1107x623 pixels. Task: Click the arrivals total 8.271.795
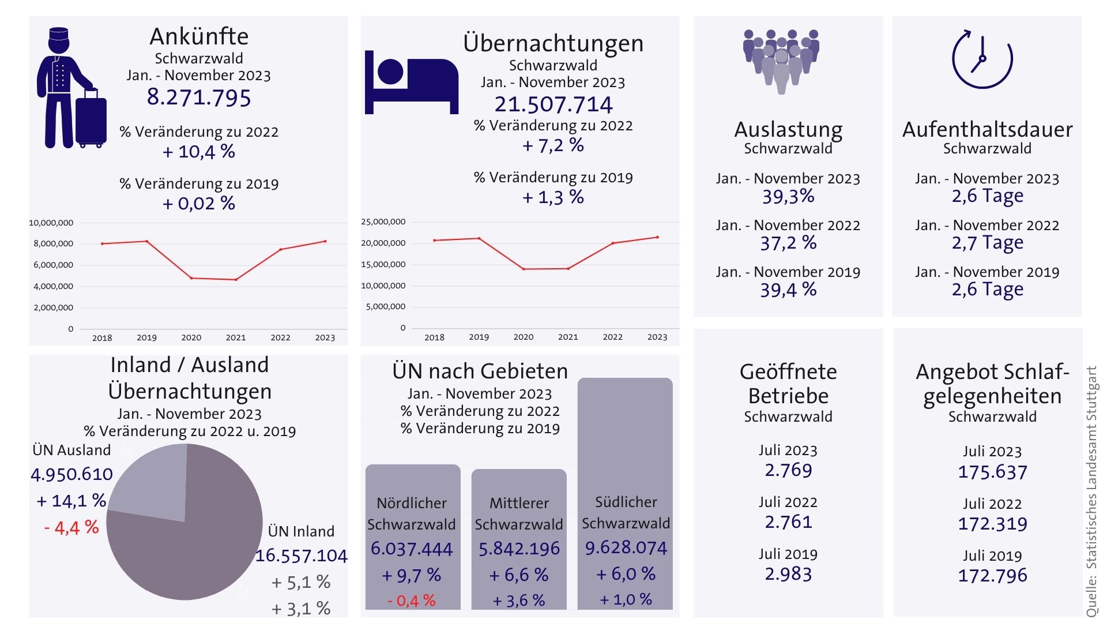tap(199, 97)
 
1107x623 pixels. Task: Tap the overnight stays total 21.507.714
tap(553, 104)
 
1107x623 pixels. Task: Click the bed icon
tap(411, 82)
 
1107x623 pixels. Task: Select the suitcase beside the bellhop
tap(91, 120)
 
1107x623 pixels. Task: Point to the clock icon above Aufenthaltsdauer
tap(982, 59)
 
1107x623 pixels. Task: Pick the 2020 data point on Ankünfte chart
tap(191, 278)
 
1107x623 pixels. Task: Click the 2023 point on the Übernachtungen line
tap(657, 237)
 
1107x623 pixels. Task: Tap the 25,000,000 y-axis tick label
tap(383, 222)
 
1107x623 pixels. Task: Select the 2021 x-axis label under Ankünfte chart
tap(236, 337)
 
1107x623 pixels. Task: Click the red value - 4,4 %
tap(71, 527)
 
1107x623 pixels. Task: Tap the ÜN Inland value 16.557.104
tap(301, 556)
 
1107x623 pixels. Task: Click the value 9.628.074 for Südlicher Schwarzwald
tap(626, 547)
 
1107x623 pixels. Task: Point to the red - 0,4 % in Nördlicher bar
tap(412, 601)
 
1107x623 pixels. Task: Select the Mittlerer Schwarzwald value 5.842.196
tap(519, 549)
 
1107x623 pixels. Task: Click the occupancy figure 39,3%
tap(788, 197)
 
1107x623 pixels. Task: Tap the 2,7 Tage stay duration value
tap(987, 243)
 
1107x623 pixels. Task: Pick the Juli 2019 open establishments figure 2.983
tap(788, 574)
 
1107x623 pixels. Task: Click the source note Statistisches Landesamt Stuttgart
tap(1091, 490)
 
